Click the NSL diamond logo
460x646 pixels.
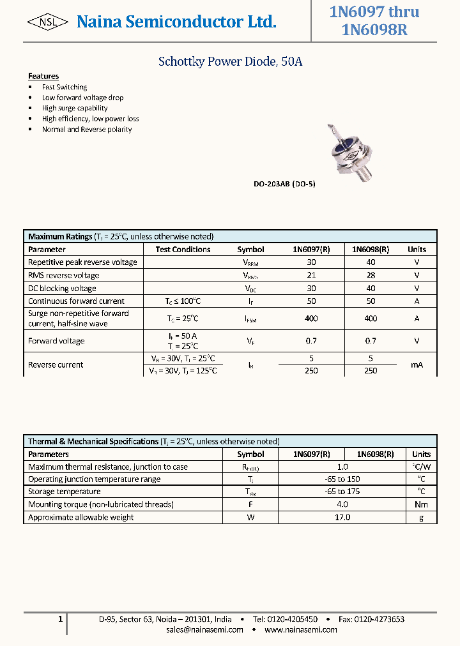pyautogui.click(x=47, y=22)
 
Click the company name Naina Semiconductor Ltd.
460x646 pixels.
pyautogui.click(x=176, y=22)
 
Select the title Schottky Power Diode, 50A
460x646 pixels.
pyautogui.click(x=230, y=62)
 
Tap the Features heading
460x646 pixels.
pyautogui.click(x=43, y=76)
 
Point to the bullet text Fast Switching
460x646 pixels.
pyautogui.click(x=65, y=87)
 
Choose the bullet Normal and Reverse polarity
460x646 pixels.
pyautogui.click(x=87, y=129)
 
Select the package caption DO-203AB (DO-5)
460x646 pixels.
pyautogui.click(x=284, y=184)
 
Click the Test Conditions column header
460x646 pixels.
pyautogui.click(x=183, y=250)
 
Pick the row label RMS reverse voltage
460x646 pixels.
pyautogui.click(x=64, y=275)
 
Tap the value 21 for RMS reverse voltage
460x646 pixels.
pyautogui.click(x=311, y=275)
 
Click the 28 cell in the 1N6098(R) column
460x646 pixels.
pyautogui.click(x=371, y=275)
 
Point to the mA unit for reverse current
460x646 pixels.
pyautogui.click(x=417, y=364)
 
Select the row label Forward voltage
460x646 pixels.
pyautogui.click(x=56, y=341)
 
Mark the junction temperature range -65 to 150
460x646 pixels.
pyautogui.click(x=342, y=479)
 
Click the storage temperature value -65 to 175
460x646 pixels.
pyautogui.click(x=342, y=492)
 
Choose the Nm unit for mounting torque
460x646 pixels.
pyautogui.click(x=421, y=504)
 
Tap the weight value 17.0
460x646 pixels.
pyautogui.click(x=342, y=517)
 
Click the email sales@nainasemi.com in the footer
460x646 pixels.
pyautogui.click(x=204, y=629)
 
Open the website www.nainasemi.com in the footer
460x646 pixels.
pyautogui.click(x=300, y=629)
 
